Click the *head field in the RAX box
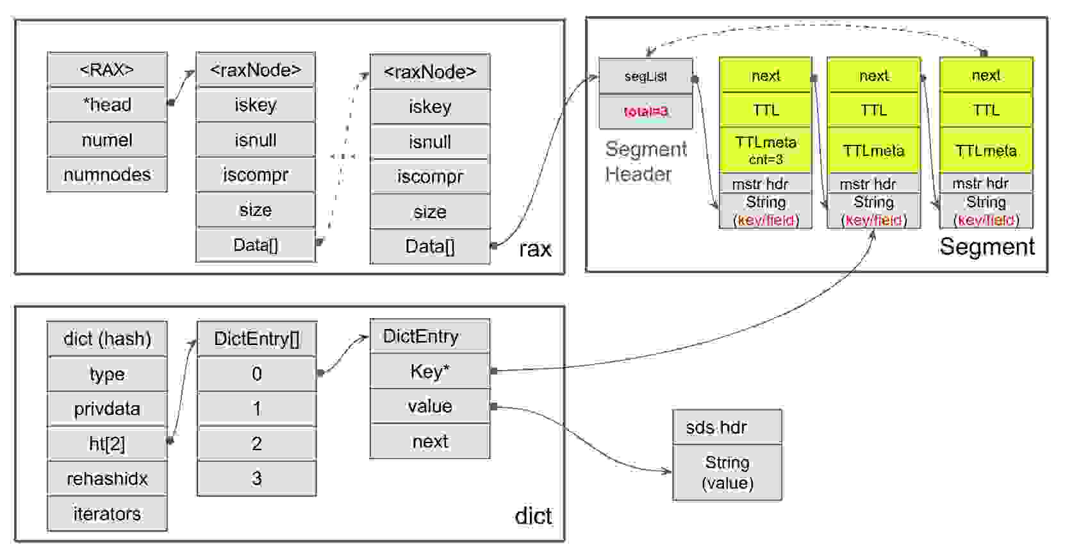107,105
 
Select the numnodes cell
107,174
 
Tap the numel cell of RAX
107,140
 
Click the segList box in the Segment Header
645,76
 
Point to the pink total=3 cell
645,112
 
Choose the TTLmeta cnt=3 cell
766,150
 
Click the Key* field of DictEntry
429,371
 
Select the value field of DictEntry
429,406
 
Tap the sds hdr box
727,427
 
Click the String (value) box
727,473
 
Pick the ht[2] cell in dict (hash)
107,443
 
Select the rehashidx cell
107,478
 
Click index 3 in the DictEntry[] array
256,478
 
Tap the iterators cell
107,514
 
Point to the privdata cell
107,409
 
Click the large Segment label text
987,247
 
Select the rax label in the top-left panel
535,249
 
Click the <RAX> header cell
107,69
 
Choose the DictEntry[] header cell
256,339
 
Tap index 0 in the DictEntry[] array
256,374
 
